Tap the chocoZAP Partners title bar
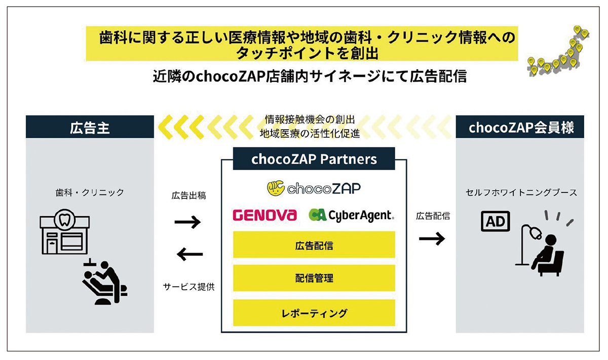coord(314,159)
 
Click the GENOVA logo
coord(264,216)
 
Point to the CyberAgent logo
coord(351,216)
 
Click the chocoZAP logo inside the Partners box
coord(314,188)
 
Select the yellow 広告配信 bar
coord(314,246)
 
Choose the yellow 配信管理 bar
coord(314,278)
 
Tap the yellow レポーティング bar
coord(314,312)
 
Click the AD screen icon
coord(495,221)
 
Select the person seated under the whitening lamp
coord(547,256)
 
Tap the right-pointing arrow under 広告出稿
coord(187,221)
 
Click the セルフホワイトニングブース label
coord(521,193)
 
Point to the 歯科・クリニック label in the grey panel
coord(90,193)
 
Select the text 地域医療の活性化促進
coord(310,134)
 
